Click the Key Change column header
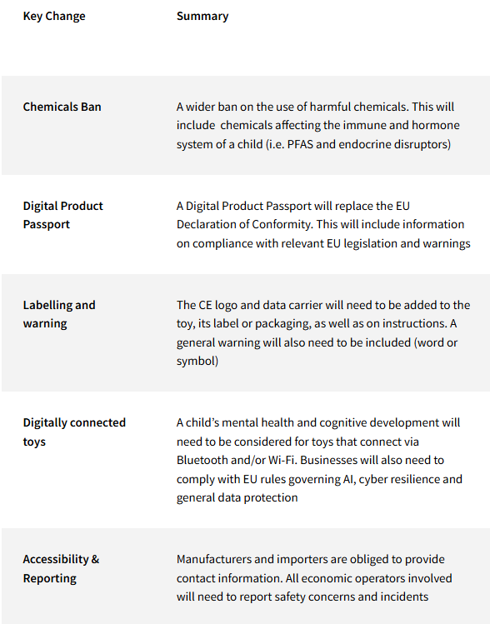coord(54,16)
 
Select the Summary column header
coord(202,16)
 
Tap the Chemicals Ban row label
coord(62,107)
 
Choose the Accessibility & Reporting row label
coord(61,568)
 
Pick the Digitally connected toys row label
coord(74,432)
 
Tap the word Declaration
coord(209,225)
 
